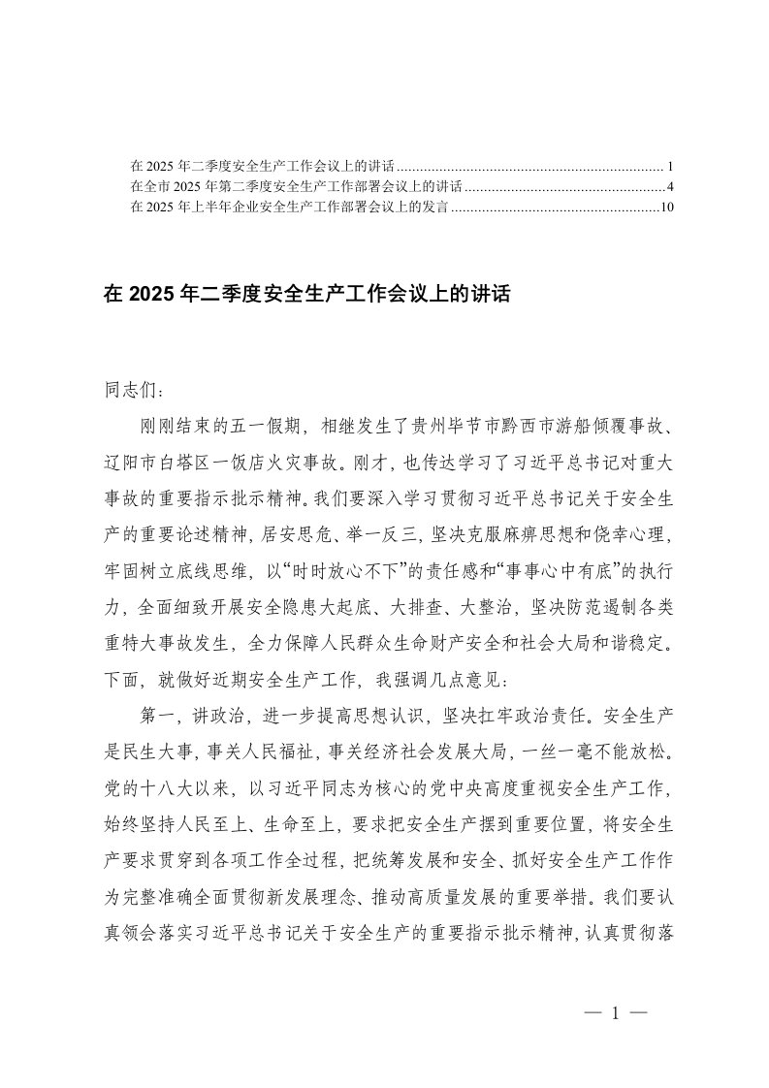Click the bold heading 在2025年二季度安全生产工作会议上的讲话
[306, 294]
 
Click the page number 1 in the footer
[615, 1015]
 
